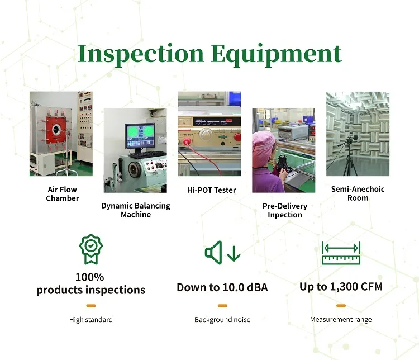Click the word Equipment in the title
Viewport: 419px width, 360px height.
click(x=276, y=54)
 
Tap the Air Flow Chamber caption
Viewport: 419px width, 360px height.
click(x=62, y=194)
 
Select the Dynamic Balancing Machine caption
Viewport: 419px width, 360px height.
click(x=136, y=210)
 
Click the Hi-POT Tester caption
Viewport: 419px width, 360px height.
click(x=211, y=190)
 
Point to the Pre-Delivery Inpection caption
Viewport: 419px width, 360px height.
click(x=284, y=211)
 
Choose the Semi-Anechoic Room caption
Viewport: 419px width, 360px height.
click(x=358, y=193)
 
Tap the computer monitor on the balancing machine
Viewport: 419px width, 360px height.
click(x=140, y=137)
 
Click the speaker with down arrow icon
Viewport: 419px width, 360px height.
click(x=222, y=253)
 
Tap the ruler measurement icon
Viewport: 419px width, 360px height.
click(x=341, y=253)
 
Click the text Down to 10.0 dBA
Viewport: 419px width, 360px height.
click(x=222, y=287)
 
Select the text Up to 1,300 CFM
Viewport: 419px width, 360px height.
click(x=341, y=287)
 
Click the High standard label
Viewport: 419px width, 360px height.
click(x=91, y=320)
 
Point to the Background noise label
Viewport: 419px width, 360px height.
click(x=222, y=320)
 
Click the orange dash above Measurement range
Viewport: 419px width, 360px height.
click(x=341, y=306)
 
